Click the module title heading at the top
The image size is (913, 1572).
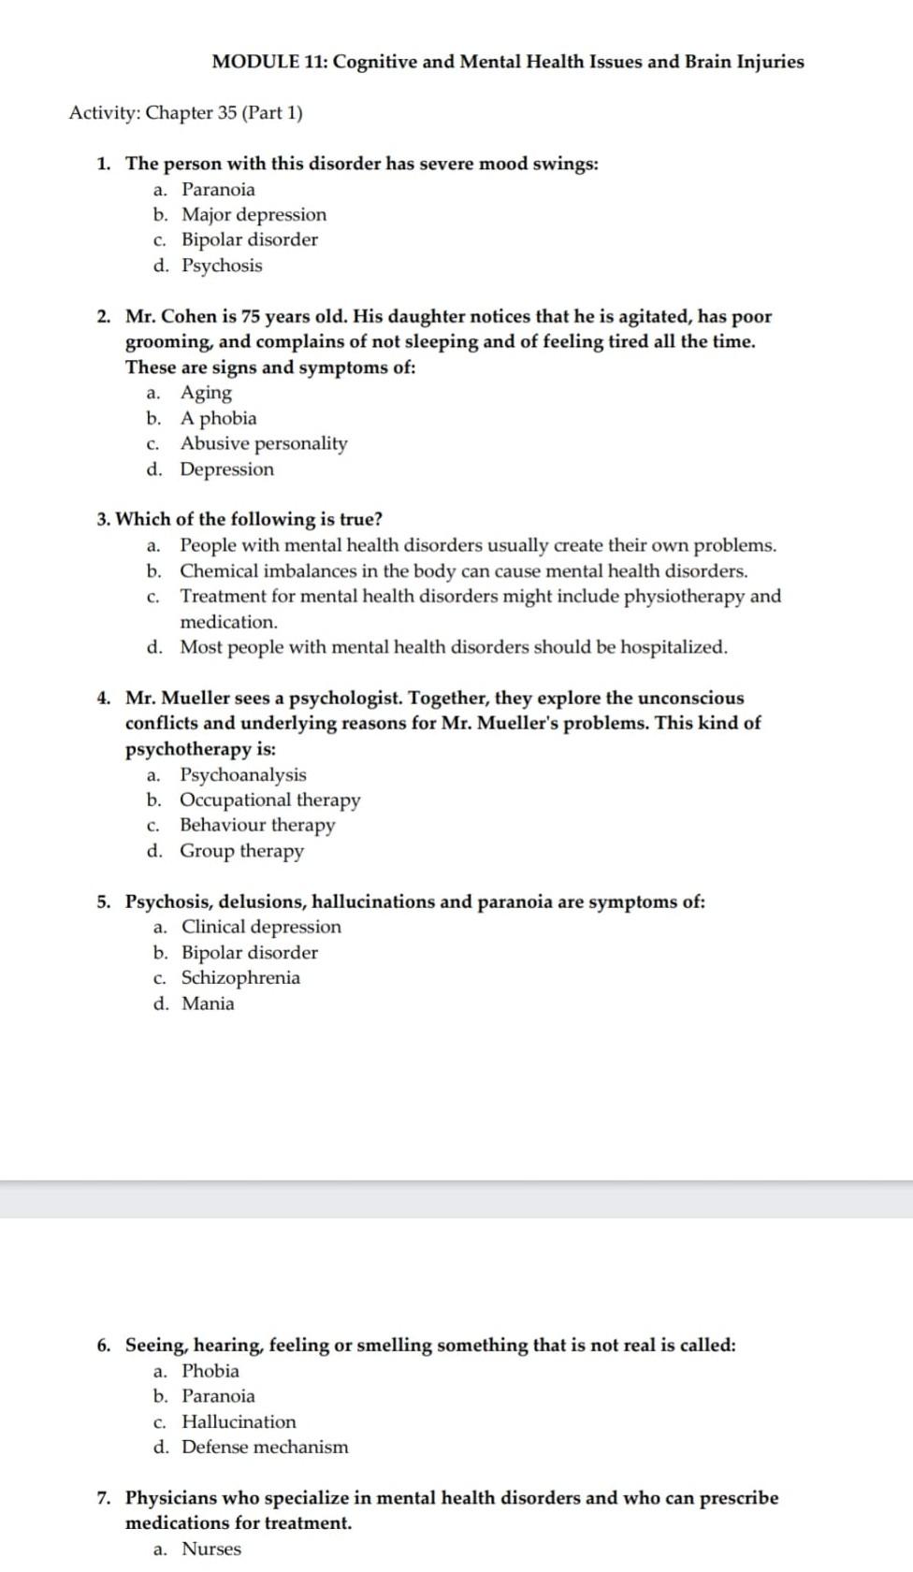tap(507, 62)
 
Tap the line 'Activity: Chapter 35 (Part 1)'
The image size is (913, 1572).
tap(185, 113)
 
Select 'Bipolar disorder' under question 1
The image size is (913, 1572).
tap(249, 239)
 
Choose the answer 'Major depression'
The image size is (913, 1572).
tap(254, 214)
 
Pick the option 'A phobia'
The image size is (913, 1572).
tap(218, 418)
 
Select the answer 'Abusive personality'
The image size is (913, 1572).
tap(263, 443)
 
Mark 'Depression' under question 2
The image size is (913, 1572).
tap(226, 469)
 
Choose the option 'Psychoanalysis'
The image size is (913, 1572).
tap(242, 774)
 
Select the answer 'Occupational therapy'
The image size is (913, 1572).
tap(269, 800)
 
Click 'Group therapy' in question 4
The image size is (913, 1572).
tap(241, 851)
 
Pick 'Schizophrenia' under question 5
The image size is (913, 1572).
tap(240, 977)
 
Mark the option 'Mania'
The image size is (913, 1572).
tap(208, 1003)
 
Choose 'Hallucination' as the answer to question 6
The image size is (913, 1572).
tap(239, 1421)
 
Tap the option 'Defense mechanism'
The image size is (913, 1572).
tap(265, 1447)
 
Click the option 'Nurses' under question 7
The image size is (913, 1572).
tap(210, 1549)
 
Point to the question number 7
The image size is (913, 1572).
tap(104, 1498)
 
